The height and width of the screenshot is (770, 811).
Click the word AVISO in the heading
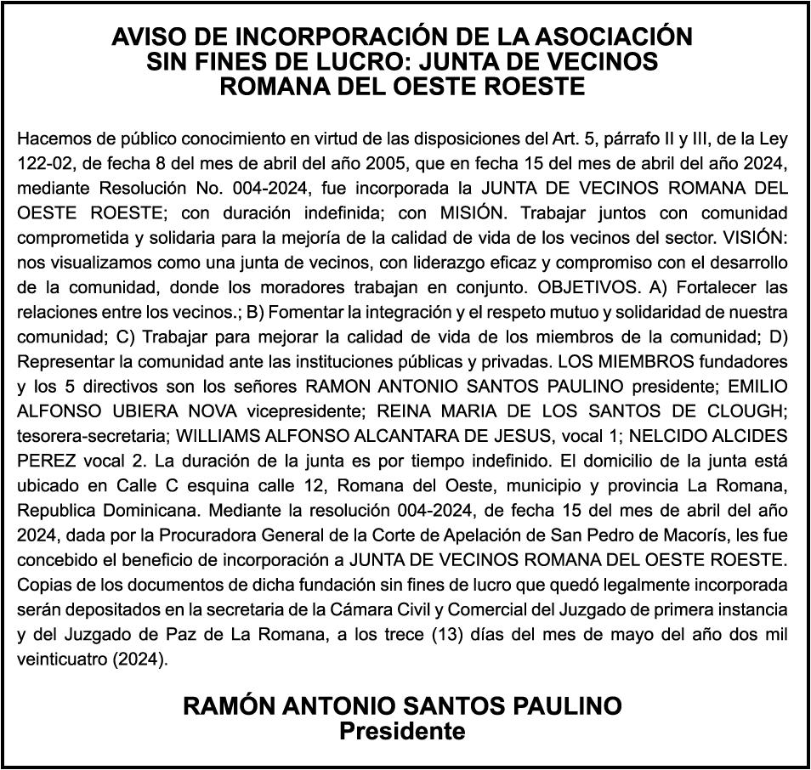click(145, 37)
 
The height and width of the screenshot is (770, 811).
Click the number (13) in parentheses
click(463, 635)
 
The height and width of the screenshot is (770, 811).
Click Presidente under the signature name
click(404, 731)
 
